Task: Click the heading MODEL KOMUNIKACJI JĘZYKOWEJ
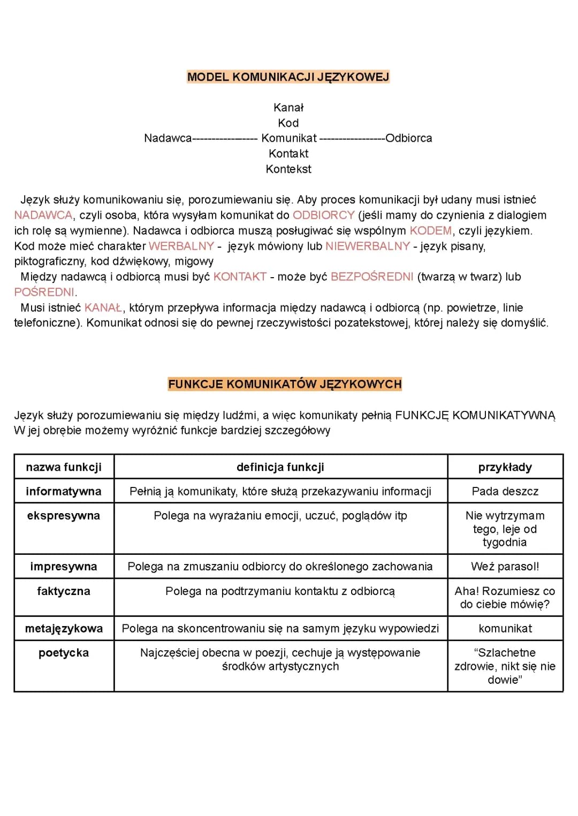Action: pos(288,77)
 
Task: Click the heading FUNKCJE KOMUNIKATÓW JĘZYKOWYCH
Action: pos(285,384)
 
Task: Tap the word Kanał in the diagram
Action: pos(288,108)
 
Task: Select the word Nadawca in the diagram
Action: pos(168,138)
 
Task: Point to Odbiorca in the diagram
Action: pos(409,138)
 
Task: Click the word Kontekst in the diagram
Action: pos(288,169)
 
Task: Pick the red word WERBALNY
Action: pos(181,246)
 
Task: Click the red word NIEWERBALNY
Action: pos(368,246)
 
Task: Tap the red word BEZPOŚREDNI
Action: pos(372,277)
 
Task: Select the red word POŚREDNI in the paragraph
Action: pos(44,292)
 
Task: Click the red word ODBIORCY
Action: pos(324,215)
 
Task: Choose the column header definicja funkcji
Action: pos(280,467)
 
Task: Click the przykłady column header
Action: pos(505,467)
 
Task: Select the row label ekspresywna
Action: pos(64,516)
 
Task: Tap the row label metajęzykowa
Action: pos(64,629)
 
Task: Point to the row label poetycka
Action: pos(64,653)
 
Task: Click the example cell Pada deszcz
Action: pos(505,491)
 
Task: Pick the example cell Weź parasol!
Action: pos(505,567)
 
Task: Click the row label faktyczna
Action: pos(64,591)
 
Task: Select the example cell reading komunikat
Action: pos(505,629)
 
